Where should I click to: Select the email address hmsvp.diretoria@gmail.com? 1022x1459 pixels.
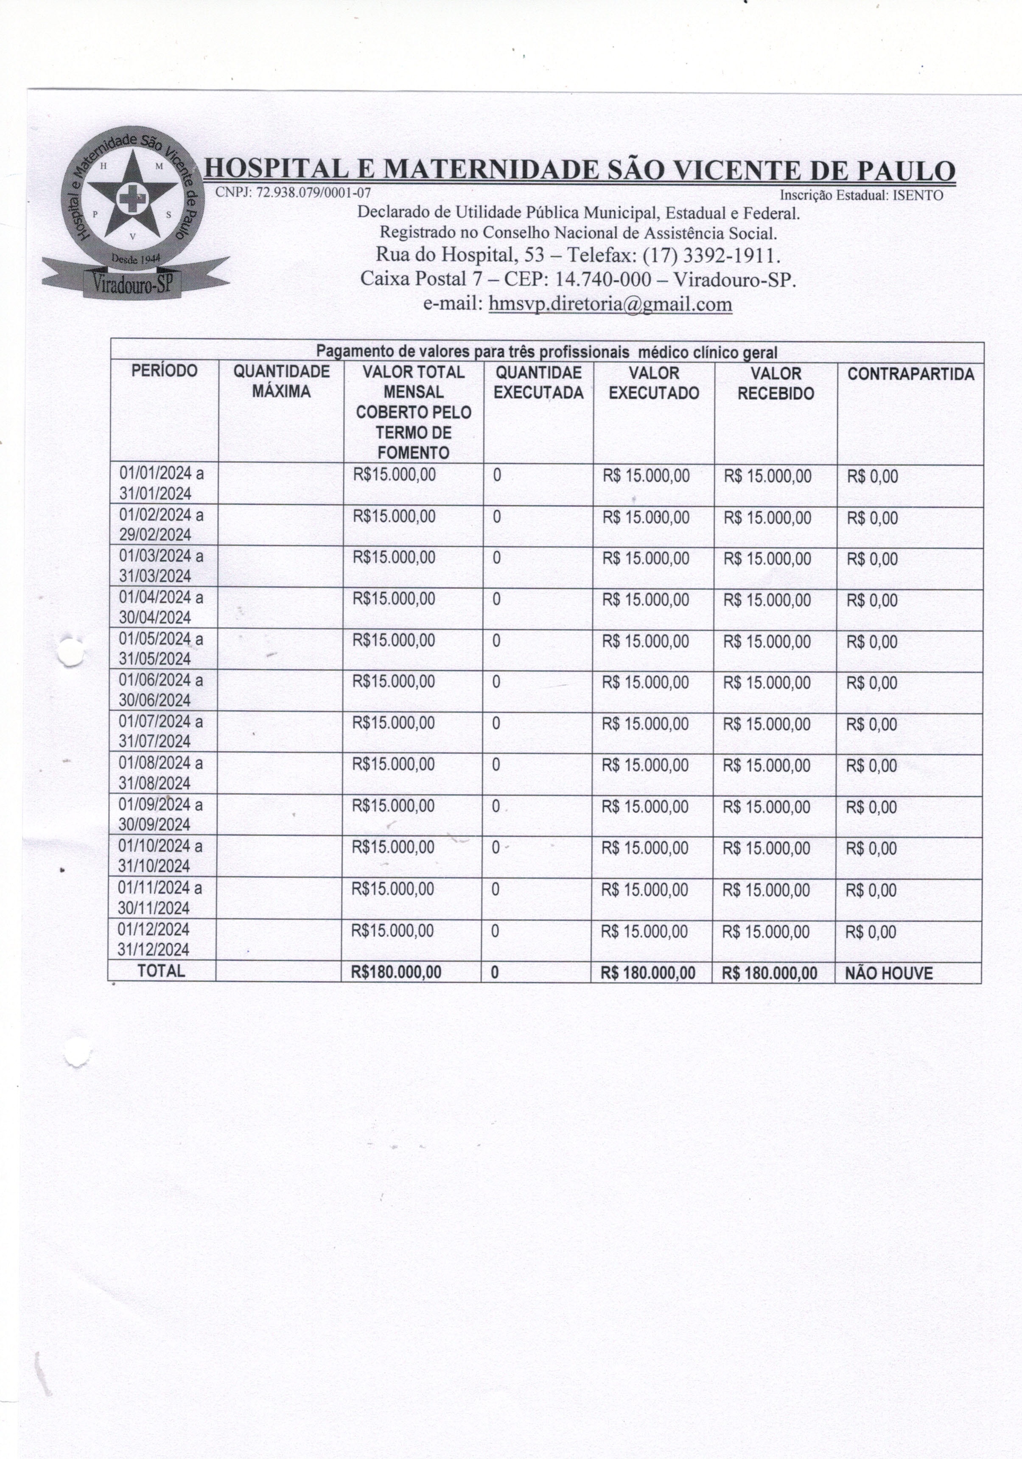click(610, 304)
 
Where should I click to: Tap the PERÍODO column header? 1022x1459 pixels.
click(165, 371)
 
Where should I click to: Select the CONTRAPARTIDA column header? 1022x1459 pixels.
click(910, 374)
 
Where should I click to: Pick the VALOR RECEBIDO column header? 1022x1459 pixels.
click(776, 384)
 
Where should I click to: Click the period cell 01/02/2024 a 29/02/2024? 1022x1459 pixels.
click(161, 525)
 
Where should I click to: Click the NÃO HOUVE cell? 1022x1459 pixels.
click(889, 973)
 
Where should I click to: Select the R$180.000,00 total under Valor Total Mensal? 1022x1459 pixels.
click(396, 972)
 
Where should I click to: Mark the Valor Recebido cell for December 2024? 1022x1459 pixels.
click(766, 932)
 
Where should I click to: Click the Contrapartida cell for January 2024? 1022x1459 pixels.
click(872, 477)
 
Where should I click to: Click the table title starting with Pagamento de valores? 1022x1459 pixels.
click(547, 351)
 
